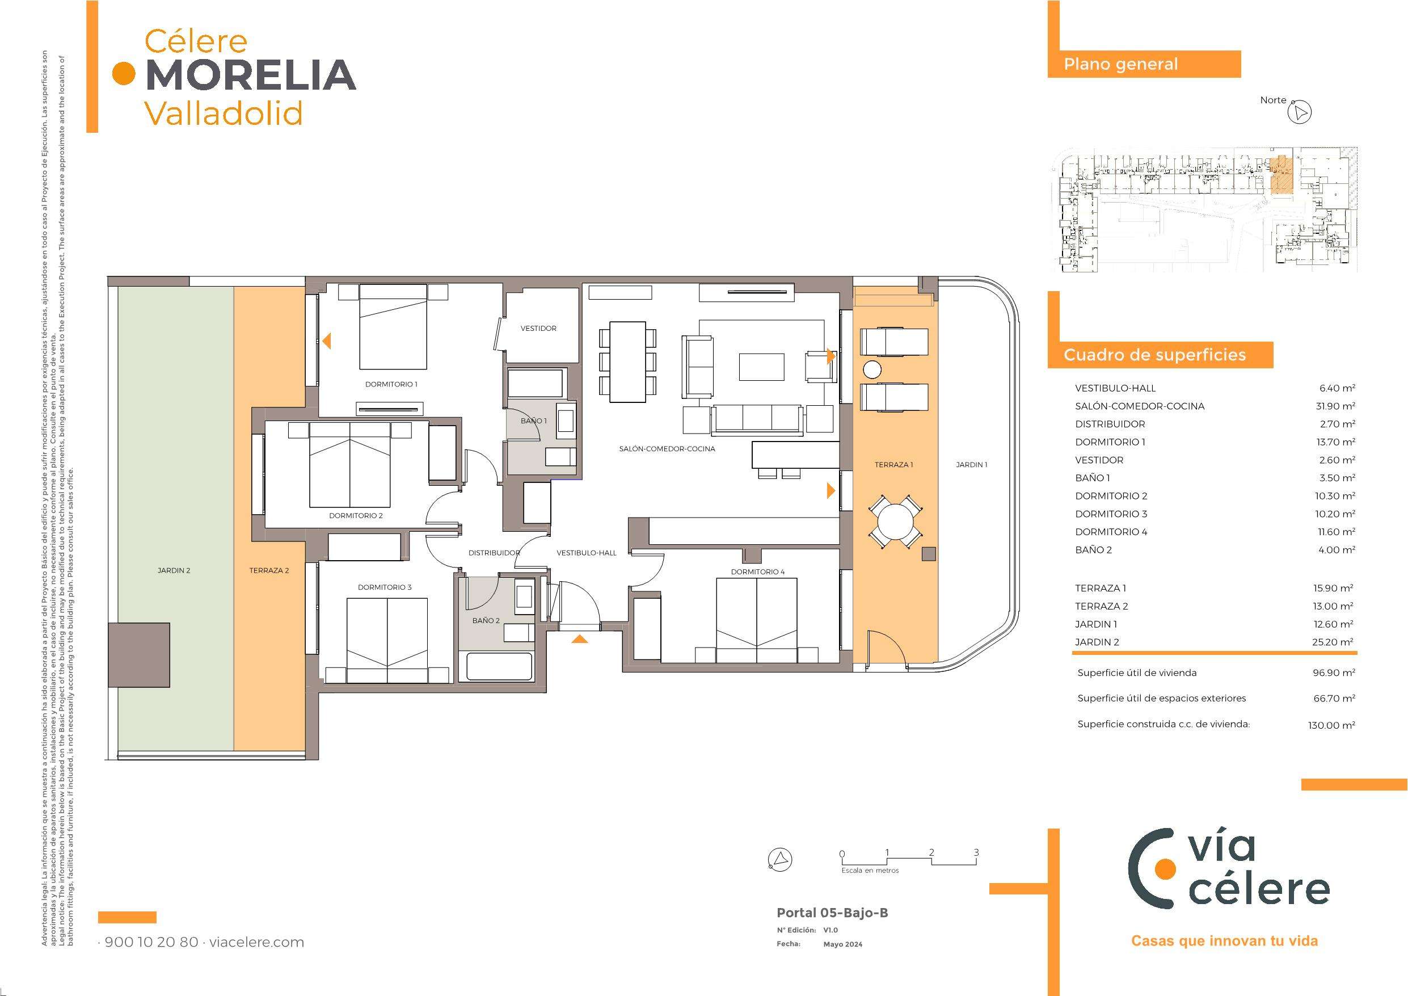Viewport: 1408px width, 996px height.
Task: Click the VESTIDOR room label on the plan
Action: point(538,329)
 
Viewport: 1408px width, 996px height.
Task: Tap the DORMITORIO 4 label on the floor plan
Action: point(757,572)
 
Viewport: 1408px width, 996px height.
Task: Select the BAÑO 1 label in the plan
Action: point(533,421)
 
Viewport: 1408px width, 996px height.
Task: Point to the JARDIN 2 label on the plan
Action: point(174,571)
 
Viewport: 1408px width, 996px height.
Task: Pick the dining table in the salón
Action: point(628,362)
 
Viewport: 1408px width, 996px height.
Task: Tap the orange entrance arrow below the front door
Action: point(580,639)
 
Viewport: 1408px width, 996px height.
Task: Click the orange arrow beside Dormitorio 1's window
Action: point(327,341)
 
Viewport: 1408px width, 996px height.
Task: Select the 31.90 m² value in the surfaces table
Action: point(1337,406)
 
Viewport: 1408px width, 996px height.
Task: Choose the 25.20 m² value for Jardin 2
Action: point(1337,642)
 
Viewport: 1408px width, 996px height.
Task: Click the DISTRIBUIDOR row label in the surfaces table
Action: point(1110,424)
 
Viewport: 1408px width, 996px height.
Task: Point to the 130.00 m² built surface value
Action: point(1331,725)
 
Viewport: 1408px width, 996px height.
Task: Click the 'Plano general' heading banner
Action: point(1144,65)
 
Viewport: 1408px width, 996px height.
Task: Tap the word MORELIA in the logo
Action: point(251,75)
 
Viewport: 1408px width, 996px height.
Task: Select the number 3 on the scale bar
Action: point(976,852)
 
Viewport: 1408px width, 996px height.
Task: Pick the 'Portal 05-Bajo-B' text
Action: point(832,913)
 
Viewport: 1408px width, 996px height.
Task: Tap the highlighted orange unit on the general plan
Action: point(1281,175)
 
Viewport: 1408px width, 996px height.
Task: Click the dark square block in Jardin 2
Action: point(139,655)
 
